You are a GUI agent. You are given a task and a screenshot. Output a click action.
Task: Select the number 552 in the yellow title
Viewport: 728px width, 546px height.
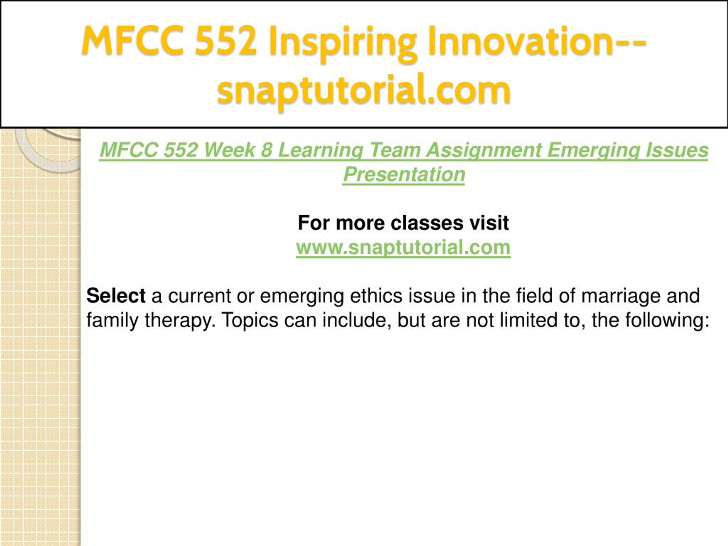pyautogui.click(x=226, y=41)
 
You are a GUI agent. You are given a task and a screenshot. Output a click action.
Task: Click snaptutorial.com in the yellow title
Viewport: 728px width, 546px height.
pyautogui.click(x=364, y=91)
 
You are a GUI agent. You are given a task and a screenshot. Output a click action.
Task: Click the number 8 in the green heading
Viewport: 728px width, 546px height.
pyautogui.click(x=266, y=150)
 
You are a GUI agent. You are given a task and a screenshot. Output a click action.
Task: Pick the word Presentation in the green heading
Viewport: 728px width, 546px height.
pyautogui.click(x=404, y=174)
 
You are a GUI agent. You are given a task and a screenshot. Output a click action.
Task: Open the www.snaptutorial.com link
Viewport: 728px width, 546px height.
pyautogui.click(x=403, y=247)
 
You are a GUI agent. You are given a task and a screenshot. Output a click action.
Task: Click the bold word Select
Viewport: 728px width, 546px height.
pyautogui.click(x=116, y=295)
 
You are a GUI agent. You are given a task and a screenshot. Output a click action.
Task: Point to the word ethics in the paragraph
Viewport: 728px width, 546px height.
pyautogui.click(x=376, y=295)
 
